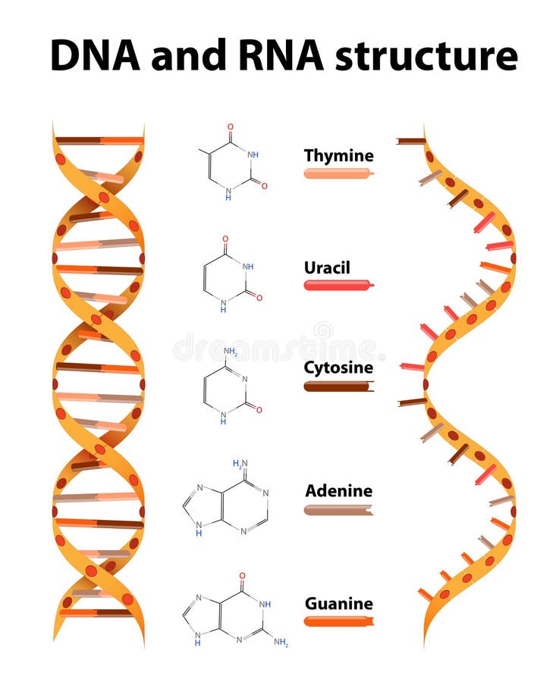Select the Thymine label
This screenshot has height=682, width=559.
click(x=338, y=156)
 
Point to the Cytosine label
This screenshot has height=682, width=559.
click(x=338, y=368)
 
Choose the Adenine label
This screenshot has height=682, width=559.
click(x=338, y=491)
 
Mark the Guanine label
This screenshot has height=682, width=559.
click(x=338, y=604)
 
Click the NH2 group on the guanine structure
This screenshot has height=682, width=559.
click(x=281, y=643)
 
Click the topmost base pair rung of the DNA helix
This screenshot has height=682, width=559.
click(x=99, y=140)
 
